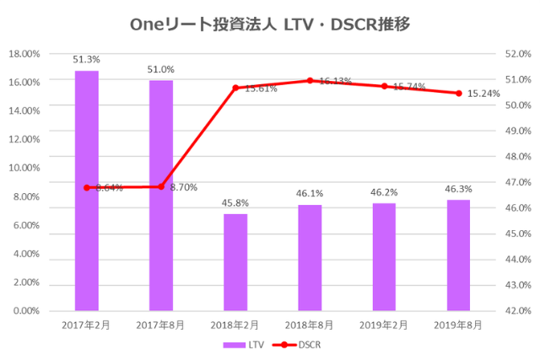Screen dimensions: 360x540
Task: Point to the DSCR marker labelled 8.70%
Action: point(161,186)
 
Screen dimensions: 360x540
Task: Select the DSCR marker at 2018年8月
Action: point(310,80)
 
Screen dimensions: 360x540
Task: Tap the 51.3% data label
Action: point(87,60)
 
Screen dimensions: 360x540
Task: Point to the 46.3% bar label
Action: point(458,190)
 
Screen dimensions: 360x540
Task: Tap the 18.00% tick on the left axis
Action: point(24,53)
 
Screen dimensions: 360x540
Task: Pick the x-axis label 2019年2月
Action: point(384,323)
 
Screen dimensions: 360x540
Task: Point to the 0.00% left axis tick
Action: point(25,311)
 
